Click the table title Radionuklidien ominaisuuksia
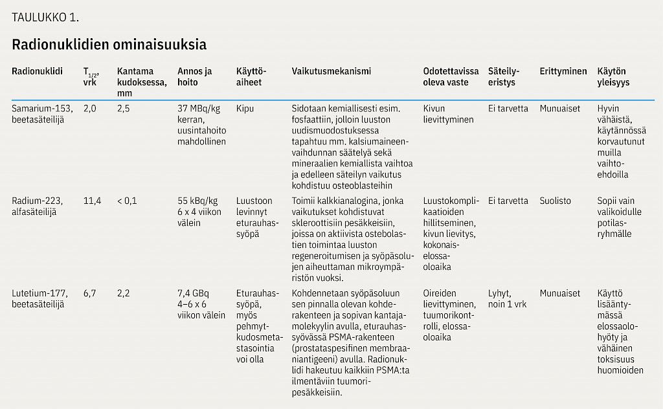click(x=109, y=45)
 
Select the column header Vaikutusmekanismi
click(x=331, y=71)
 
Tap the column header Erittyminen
click(x=563, y=71)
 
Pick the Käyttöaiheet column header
click(x=252, y=77)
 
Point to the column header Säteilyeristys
click(x=502, y=77)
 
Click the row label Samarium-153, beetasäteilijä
click(x=42, y=115)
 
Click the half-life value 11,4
click(x=92, y=201)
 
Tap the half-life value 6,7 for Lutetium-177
click(x=89, y=294)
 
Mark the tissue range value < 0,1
click(x=127, y=201)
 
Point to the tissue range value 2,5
click(x=124, y=109)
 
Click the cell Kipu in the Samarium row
click(x=245, y=109)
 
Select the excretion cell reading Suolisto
click(x=556, y=201)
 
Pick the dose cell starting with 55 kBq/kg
click(x=198, y=212)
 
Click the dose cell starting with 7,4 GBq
click(x=201, y=304)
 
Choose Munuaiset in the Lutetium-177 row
click(x=560, y=294)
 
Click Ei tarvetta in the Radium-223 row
click(x=508, y=201)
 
